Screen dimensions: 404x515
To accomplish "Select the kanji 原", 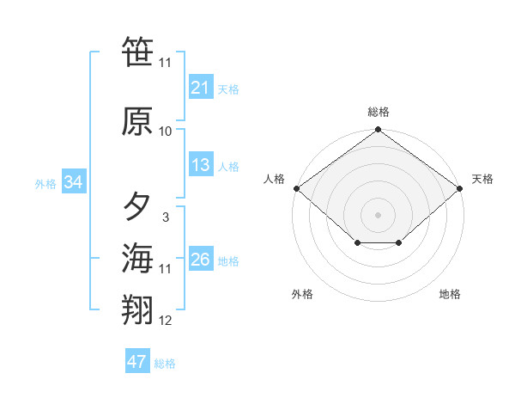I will (137, 121).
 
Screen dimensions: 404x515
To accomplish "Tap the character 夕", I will (137, 207).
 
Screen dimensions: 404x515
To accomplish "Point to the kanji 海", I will (137, 258).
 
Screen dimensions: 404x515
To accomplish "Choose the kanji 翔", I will (137, 310).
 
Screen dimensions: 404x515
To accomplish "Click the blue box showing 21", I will (201, 88).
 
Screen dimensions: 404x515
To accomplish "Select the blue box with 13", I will (201, 165).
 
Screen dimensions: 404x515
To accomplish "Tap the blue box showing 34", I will (74, 182).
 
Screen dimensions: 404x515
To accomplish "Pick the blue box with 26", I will (201, 260).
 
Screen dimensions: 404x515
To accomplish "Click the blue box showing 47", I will (137, 362).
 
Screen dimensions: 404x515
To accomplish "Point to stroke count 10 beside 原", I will (166, 132).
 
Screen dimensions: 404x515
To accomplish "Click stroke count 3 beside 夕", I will (165, 217).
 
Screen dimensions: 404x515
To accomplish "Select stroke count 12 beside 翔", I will (166, 321).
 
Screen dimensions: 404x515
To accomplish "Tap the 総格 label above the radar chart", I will (379, 112).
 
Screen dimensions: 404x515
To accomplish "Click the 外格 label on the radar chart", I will (302, 294).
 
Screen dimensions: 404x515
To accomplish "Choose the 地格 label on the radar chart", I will (450, 294).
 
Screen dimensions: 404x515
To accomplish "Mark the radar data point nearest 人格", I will (296, 188).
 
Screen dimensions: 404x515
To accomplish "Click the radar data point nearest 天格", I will (461, 188).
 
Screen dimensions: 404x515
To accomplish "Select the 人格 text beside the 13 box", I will (228, 166).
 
